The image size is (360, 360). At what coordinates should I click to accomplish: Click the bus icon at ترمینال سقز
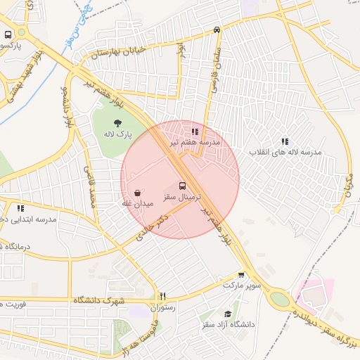(x=183, y=186)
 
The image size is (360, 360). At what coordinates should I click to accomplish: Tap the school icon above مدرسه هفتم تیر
(x=195, y=131)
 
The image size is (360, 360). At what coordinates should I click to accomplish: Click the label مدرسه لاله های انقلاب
(x=285, y=153)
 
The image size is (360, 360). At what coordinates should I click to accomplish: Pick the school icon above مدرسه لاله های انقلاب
(x=285, y=141)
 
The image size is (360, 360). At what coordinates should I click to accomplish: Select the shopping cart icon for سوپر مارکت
(x=241, y=275)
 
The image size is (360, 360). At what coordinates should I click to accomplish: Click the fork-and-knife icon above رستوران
(x=163, y=296)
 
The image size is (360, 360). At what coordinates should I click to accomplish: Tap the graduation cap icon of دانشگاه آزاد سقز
(x=227, y=314)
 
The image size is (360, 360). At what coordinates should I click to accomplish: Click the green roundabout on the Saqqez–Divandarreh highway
(x=280, y=300)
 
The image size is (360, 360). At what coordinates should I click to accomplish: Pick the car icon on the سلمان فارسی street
(x=217, y=30)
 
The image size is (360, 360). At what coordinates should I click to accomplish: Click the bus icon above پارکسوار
(x=8, y=34)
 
